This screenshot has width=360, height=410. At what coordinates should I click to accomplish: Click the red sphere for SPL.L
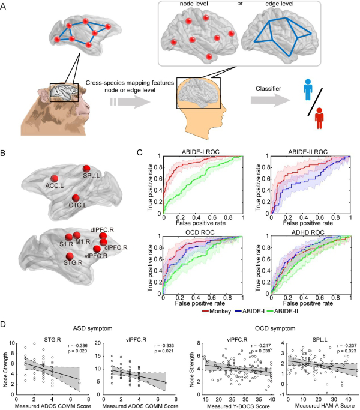point(86,169)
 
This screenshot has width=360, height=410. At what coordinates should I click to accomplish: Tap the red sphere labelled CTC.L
point(76,198)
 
